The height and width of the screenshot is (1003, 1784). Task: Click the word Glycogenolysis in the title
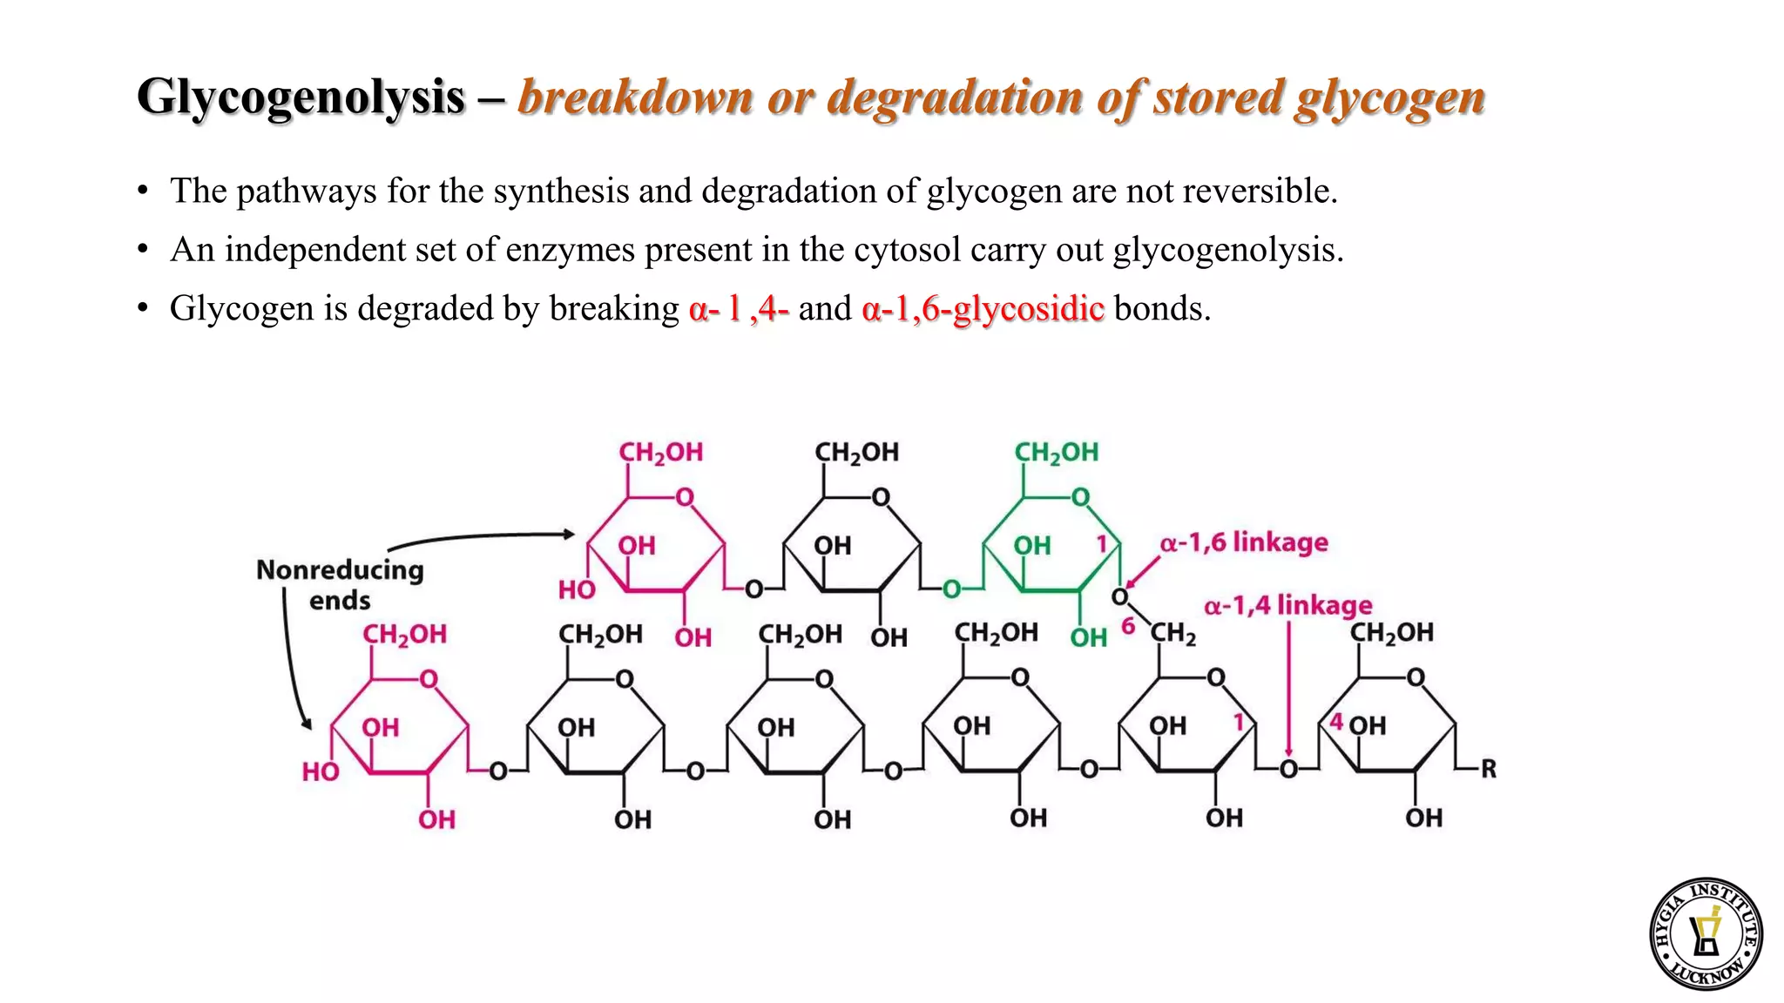click(301, 97)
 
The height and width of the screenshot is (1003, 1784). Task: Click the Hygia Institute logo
click(1706, 933)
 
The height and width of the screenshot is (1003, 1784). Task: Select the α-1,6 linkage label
click(1243, 542)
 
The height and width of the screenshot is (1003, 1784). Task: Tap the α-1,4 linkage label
click(1287, 605)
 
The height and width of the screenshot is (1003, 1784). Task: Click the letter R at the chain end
click(1488, 769)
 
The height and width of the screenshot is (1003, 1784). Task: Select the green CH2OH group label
click(1056, 453)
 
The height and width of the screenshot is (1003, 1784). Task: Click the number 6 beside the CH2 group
click(1128, 626)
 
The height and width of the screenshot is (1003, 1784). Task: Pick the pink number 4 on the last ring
click(1336, 723)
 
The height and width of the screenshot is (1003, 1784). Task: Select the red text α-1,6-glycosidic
click(983, 309)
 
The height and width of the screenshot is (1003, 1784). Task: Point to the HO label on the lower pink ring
click(320, 771)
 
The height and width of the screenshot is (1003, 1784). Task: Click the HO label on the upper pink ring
click(576, 590)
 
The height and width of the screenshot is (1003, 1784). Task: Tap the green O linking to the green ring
click(951, 589)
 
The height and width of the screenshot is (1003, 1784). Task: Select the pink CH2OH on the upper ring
click(660, 453)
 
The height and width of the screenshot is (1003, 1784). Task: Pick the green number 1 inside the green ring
click(1101, 544)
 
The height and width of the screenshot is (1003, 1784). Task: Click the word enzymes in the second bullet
click(570, 250)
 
